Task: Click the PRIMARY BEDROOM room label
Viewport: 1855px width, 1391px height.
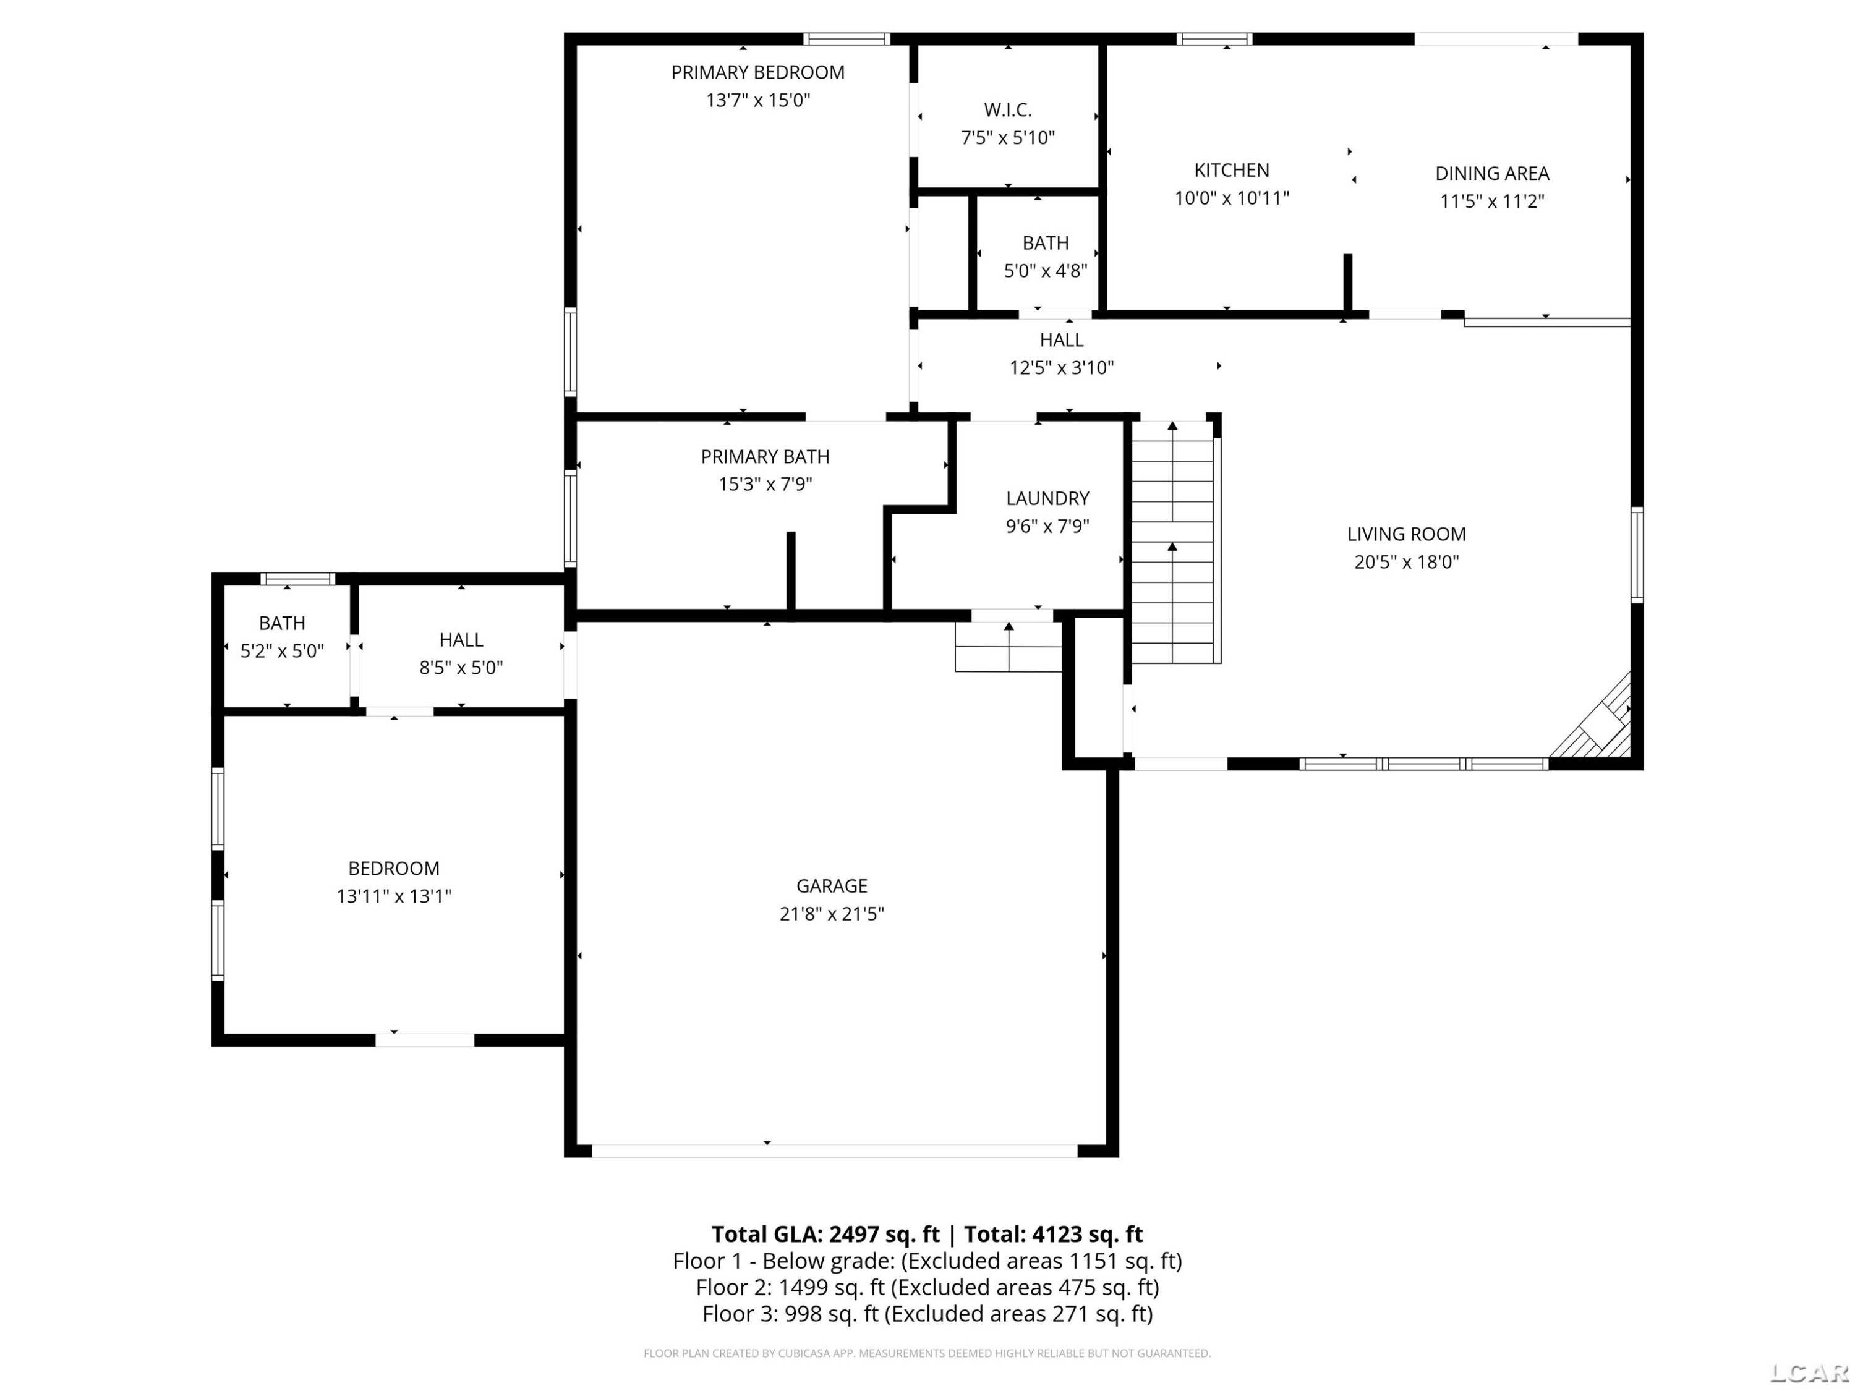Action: click(x=757, y=72)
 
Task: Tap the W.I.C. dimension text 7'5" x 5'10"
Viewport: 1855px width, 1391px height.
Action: click(x=1007, y=137)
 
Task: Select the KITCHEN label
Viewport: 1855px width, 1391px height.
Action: click(x=1231, y=170)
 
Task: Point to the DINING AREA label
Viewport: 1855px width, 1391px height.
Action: click(x=1492, y=174)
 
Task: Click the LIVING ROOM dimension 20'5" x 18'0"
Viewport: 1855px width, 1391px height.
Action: click(x=1406, y=562)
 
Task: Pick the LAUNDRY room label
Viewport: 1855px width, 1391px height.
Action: click(x=1047, y=498)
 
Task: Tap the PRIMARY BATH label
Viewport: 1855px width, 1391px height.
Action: click(x=765, y=457)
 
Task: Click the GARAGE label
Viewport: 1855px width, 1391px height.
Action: click(x=831, y=885)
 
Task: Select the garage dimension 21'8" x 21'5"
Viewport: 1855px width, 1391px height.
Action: click(x=831, y=914)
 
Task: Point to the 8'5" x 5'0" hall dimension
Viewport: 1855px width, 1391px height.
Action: click(x=461, y=668)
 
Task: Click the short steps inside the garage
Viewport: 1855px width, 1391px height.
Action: click(x=1009, y=647)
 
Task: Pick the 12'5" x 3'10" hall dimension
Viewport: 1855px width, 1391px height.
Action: click(x=1061, y=368)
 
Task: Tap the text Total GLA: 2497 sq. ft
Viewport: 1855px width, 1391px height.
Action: click(x=825, y=1234)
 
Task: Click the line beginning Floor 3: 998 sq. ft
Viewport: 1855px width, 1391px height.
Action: click(x=927, y=1314)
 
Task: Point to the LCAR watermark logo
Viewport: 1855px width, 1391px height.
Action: click(x=1808, y=1372)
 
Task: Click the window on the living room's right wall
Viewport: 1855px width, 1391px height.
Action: click(x=1637, y=554)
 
